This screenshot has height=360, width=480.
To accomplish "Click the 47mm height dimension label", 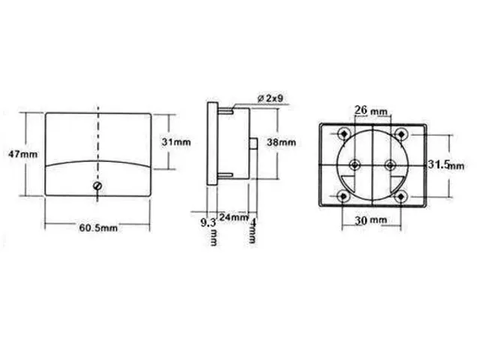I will tap(21, 154).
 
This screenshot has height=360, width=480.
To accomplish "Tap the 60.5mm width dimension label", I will tap(98, 227).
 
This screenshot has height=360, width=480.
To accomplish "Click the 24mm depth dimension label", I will tap(235, 217).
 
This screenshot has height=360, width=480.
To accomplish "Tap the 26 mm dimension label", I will tap(370, 111).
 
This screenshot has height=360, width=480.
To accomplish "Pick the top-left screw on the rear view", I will tap(343, 133).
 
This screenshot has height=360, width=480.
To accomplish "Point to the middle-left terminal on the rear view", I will tap(355, 164).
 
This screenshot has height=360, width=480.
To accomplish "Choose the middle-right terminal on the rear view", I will tap(388, 164).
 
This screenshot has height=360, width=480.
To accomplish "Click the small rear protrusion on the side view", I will tap(255, 145).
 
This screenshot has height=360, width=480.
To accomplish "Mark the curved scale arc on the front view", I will tap(98, 160).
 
